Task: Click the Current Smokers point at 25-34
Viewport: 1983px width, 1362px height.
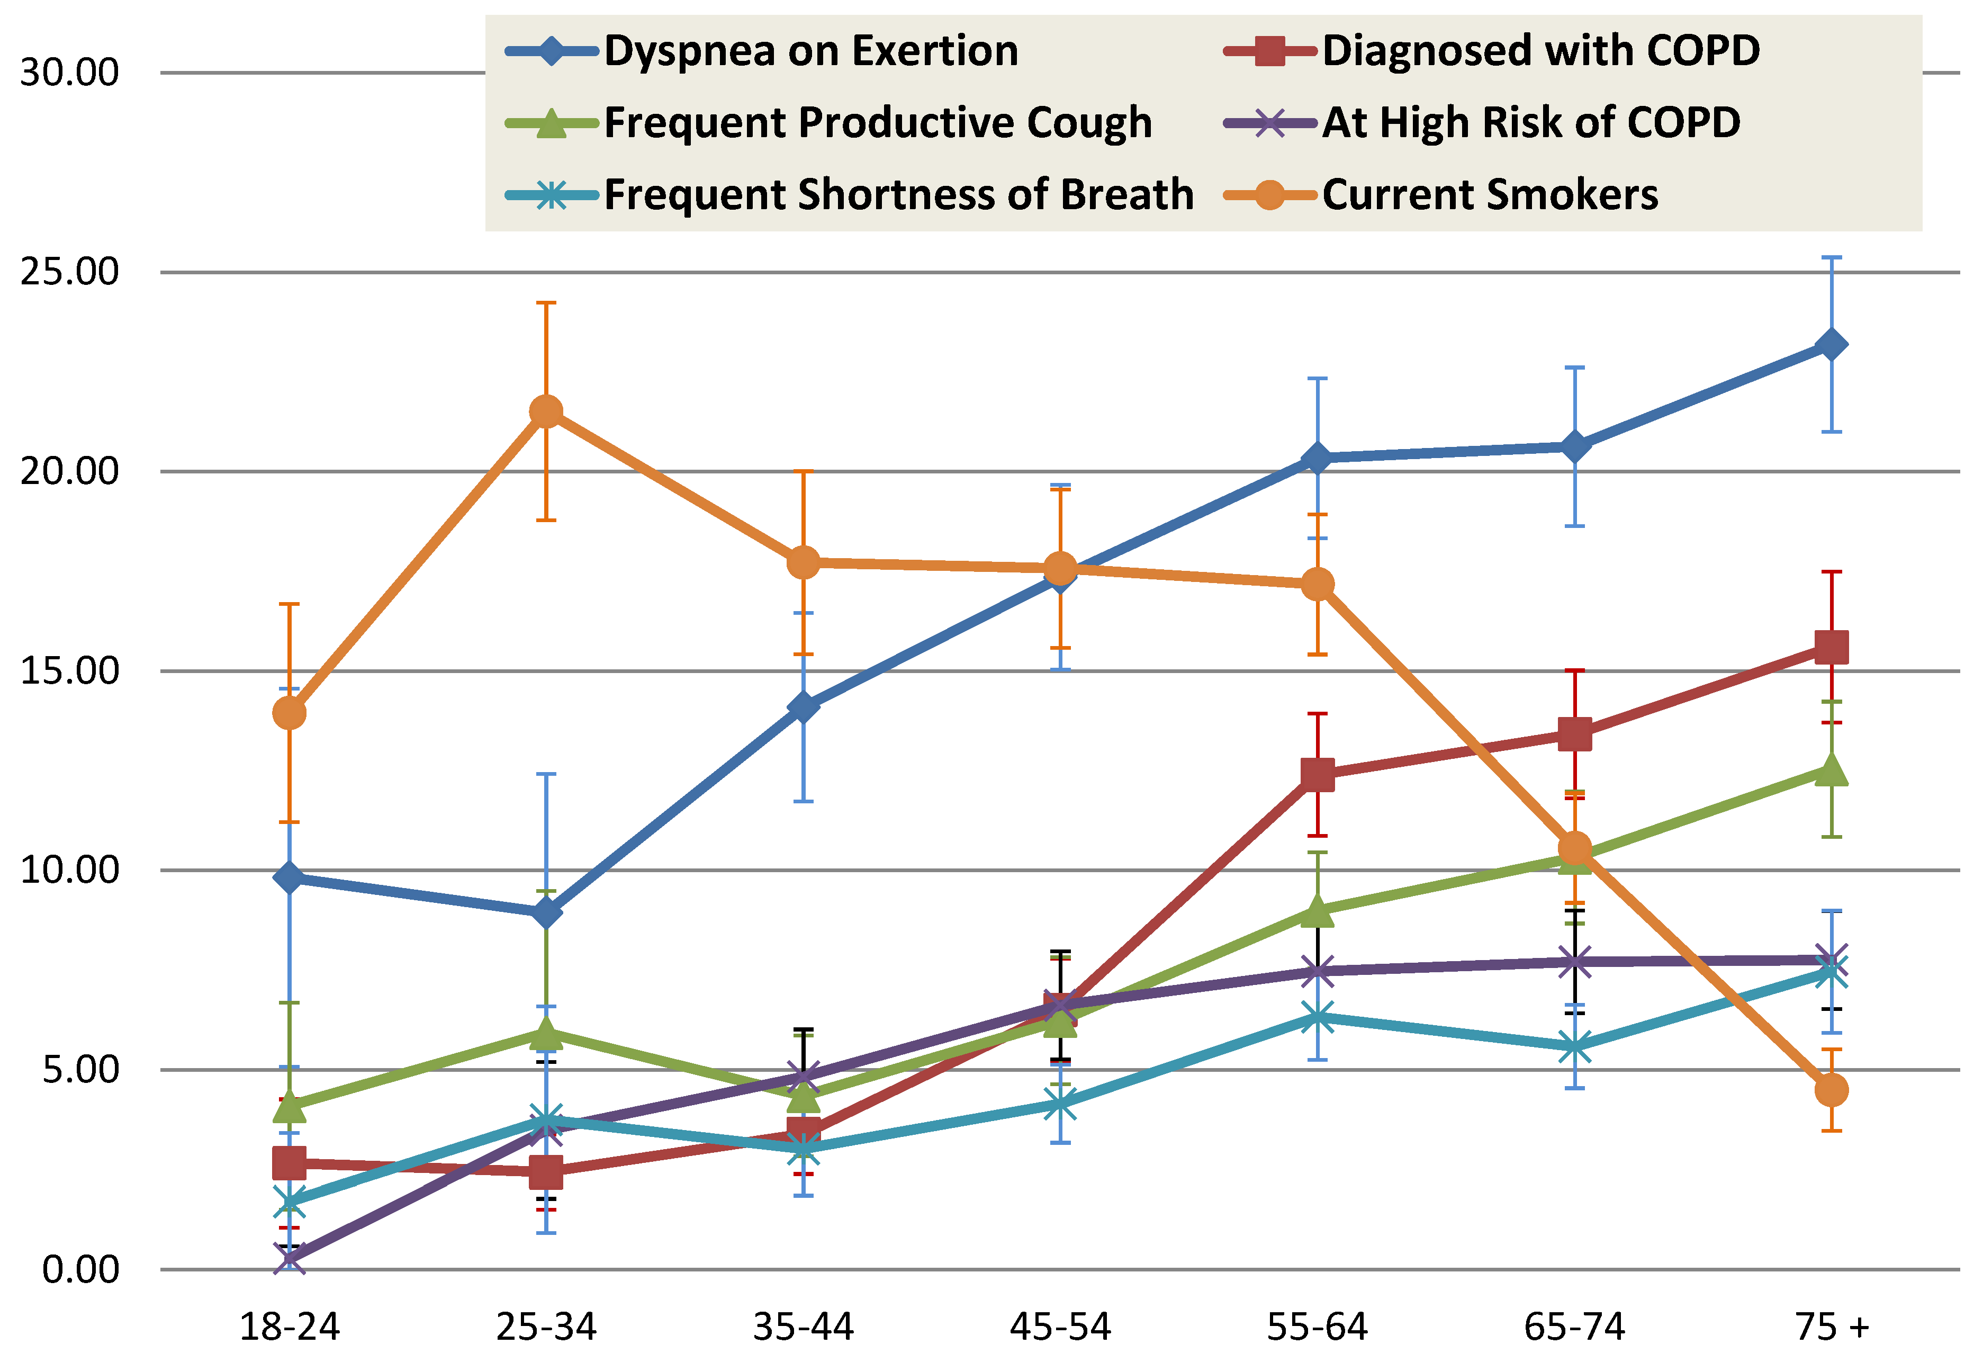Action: coord(546,412)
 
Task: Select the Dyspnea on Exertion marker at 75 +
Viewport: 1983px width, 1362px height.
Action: coord(1831,345)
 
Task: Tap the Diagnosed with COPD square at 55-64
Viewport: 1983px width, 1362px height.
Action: coord(1318,775)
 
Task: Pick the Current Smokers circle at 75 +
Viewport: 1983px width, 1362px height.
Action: coord(1831,1090)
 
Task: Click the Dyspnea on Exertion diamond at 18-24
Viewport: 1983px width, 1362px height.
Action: coord(290,877)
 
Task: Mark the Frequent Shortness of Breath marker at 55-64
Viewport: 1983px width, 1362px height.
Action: coord(1318,1017)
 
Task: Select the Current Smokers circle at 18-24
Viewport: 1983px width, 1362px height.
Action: coord(290,713)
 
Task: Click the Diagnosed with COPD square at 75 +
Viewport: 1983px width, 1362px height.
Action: coord(1831,648)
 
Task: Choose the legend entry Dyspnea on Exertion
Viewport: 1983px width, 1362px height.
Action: coord(810,51)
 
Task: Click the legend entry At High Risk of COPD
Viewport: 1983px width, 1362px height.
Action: coord(1531,123)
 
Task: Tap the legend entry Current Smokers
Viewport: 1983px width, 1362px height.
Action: coord(1490,194)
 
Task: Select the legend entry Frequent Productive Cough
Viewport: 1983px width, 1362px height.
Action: coord(877,123)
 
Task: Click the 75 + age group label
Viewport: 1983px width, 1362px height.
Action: coord(1831,1327)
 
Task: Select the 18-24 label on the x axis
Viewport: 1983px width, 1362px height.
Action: coord(290,1327)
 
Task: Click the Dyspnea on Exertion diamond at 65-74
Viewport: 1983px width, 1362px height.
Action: coord(1574,446)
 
